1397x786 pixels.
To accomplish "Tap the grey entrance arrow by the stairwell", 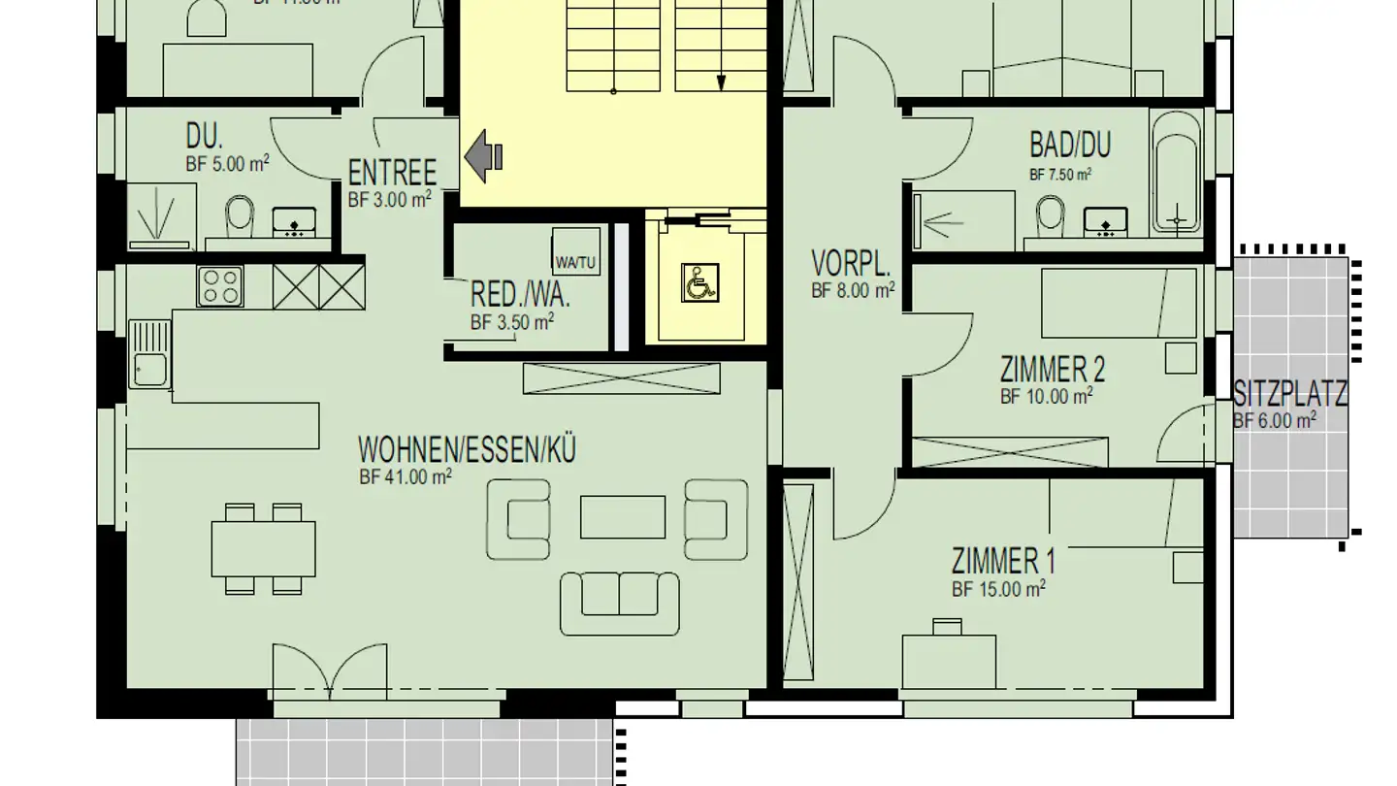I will (x=483, y=155).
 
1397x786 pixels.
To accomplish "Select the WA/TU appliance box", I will (x=575, y=253).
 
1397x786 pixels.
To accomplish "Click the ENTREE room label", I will (x=392, y=174).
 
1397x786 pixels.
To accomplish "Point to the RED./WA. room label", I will (x=520, y=295).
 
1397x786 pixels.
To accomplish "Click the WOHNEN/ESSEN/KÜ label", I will (x=467, y=451).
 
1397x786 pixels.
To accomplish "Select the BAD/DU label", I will (x=1070, y=146).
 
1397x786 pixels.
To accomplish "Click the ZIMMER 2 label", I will (x=1053, y=370).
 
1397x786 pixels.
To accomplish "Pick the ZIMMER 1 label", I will (x=1003, y=561).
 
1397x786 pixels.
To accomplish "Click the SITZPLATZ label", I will (x=1290, y=395).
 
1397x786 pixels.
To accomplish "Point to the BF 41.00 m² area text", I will (x=406, y=476).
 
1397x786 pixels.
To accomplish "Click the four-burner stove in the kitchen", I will (x=221, y=286).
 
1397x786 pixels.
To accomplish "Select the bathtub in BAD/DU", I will (x=1176, y=173).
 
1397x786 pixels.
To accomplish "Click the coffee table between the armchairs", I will (x=623, y=516).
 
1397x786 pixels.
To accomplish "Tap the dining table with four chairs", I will (x=263, y=549).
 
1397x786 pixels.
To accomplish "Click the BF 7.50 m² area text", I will (x=1059, y=176).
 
